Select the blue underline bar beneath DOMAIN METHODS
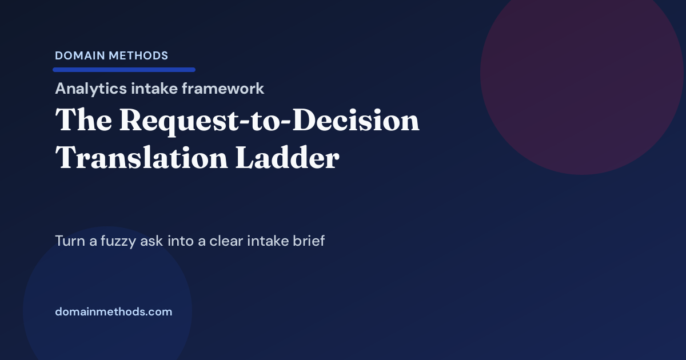[124, 70]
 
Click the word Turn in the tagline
[69, 241]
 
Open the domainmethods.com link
[114, 312]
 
